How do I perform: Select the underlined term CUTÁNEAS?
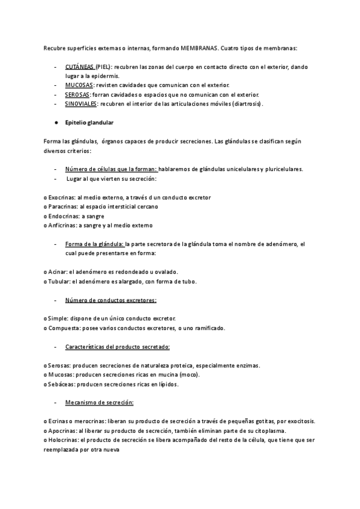tap(80, 67)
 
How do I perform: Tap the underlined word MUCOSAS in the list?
tap(79, 86)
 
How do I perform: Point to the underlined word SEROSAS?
tap(78, 95)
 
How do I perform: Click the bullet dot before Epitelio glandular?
tap(55, 122)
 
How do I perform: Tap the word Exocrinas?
tap(61, 197)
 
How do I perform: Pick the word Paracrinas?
tap(62, 206)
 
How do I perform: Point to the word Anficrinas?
tap(62, 225)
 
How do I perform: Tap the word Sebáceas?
tap(62, 384)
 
